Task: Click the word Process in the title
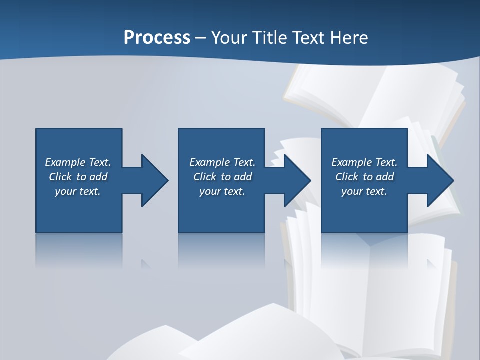coord(157,38)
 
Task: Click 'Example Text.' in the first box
coord(78,162)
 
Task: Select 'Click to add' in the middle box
coord(222,177)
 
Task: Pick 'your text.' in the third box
coord(364,191)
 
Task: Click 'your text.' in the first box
coord(78,191)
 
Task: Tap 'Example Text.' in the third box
coord(364,162)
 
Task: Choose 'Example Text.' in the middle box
coord(222,162)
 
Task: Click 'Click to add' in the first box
coord(78,177)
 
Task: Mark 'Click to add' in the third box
coord(364,177)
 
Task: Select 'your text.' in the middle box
coord(222,191)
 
